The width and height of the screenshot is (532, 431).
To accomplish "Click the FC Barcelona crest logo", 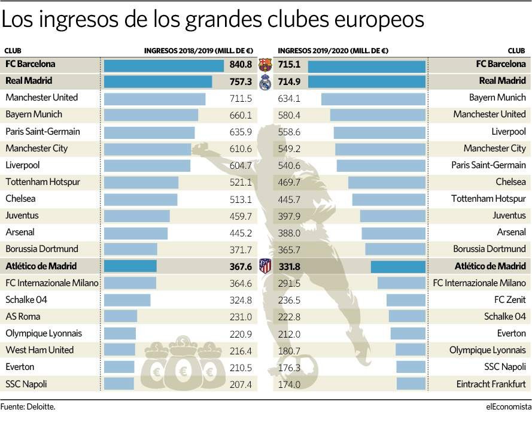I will click(265, 64).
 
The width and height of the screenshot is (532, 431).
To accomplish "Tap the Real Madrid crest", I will click(265, 81).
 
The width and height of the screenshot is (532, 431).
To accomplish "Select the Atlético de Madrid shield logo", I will click(265, 266).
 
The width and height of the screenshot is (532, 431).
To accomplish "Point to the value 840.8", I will click(241, 64).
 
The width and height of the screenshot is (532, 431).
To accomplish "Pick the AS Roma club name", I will click(23, 317).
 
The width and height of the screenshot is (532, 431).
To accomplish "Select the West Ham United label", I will click(39, 350).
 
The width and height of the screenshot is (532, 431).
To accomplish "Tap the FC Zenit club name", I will click(508, 300).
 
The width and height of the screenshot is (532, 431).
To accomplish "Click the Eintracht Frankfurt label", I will click(490, 384).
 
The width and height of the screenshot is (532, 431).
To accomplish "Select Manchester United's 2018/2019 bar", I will click(154, 98).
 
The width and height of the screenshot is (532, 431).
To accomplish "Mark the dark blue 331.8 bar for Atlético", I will click(397, 266).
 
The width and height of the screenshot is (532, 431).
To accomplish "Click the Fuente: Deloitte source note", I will click(28, 406).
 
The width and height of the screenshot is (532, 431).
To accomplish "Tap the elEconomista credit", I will click(508, 406).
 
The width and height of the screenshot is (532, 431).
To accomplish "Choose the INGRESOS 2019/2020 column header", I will click(333, 51).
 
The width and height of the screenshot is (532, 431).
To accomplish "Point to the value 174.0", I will click(289, 384).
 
